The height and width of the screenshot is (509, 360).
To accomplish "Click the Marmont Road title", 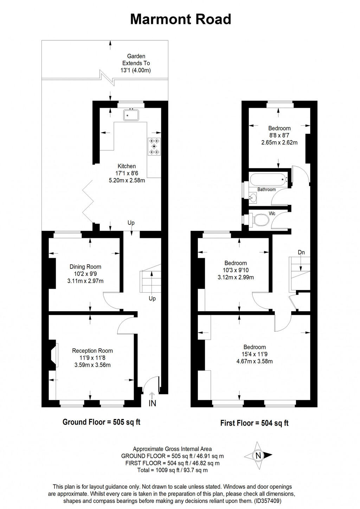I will [x=180, y=19].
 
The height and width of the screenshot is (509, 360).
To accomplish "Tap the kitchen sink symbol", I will [x=131, y=115].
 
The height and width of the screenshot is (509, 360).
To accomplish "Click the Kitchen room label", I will [x=127, y=166].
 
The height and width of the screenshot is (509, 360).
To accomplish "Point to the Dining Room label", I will [x=85, y=267].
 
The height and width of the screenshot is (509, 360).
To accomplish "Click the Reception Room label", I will [x=92, y=351].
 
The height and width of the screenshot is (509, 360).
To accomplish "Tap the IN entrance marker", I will [x=152, y=403].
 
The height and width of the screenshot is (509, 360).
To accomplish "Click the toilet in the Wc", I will [x=261, y=220].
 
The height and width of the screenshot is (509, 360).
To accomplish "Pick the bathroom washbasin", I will [x=253, y=198].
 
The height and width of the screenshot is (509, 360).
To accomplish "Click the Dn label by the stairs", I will [x=301, y=252].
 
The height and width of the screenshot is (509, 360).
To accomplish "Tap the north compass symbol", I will [x=258, y=456].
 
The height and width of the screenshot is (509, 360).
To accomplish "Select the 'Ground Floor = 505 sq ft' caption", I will [x=101, y=422].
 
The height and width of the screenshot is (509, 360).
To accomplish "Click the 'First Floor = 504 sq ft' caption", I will [x=254, y=423].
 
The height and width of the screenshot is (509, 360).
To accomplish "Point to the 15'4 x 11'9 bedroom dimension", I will [x=255, y=354].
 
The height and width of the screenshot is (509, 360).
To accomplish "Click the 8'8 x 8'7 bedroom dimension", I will [x=279, y=135].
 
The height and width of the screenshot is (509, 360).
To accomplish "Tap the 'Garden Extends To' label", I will [x=136, y=60].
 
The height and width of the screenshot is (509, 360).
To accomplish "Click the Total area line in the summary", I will [x=172, y=470].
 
